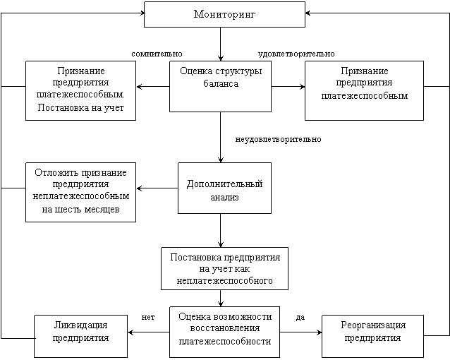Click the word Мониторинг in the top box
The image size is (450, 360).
[x=224, y=15]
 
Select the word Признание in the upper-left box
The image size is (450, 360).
[x=80, y=71]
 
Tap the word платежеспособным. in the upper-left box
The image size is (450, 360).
[x=80, y=94]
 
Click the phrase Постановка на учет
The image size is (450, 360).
[x=80, y=107]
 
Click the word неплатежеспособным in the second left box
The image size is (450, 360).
[x=80, y=196]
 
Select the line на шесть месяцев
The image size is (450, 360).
[x=80, y=210]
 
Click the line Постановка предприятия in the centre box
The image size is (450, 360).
[x=225, y=257]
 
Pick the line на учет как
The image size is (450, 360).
[x=225, y=269]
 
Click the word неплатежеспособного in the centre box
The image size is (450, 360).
[x=225, y=280]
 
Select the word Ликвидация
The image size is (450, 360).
[x=80, y=325]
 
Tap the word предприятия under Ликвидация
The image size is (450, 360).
[x=80, y=337]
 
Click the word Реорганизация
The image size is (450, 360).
[x=373, y=325]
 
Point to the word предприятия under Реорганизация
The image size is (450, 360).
[x=373, y=337]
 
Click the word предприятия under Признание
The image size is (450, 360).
[x=80, y=83]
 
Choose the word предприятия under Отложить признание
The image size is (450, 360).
[x=80, y=184]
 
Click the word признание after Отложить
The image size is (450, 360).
[x=102, y=173]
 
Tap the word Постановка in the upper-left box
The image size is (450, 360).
[x=59, y=107]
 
